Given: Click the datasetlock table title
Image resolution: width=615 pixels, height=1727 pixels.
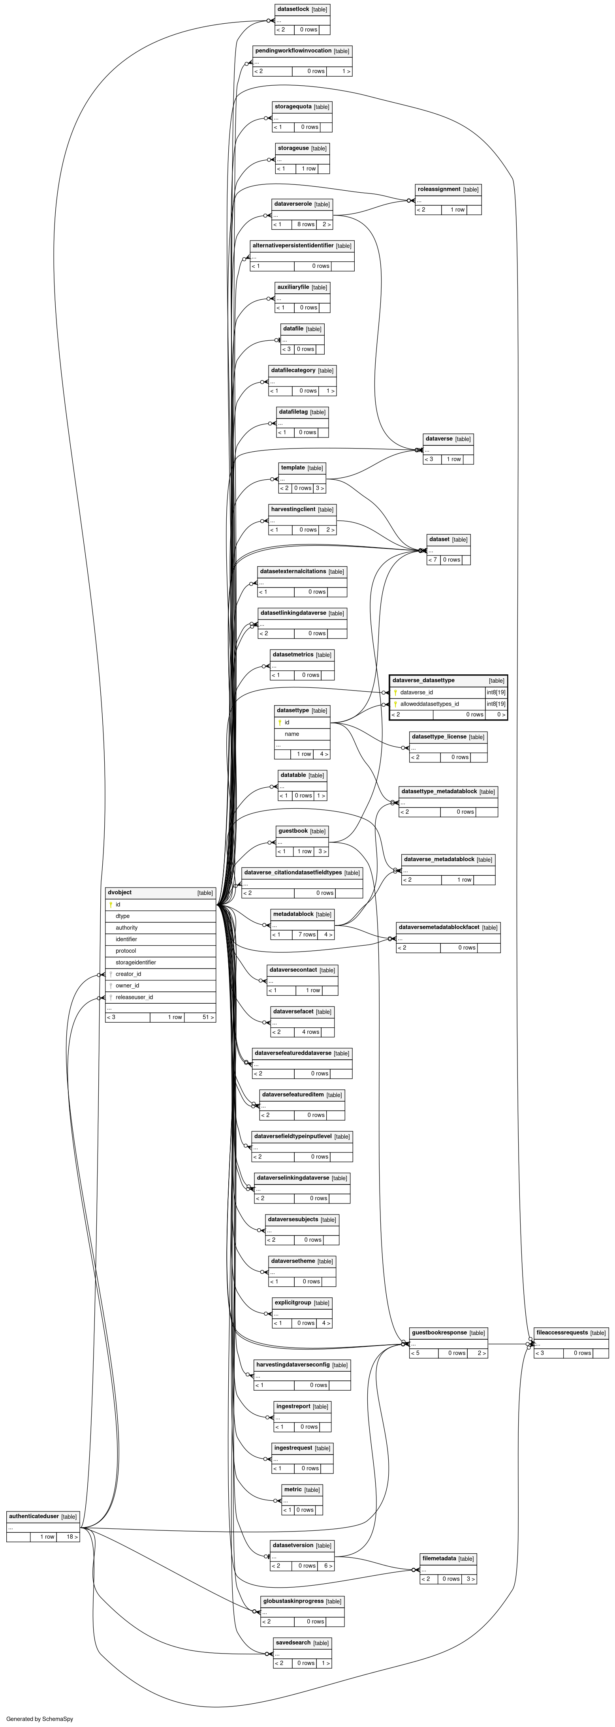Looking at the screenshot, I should pyautogui.click(x=293, y=9).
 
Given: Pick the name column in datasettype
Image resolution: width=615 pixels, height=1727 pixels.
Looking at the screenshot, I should pyautogui.click(x=292, y=734).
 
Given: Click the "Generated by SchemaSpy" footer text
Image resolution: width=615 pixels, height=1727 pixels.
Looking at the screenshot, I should pyautogui.click(x=39, y=1719).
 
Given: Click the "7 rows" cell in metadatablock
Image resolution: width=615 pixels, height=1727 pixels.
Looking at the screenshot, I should pyautogui.click(x=307, y=935).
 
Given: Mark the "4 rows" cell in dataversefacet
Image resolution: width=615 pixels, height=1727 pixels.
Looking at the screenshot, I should pyautogui.click(x=310, y=1032).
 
